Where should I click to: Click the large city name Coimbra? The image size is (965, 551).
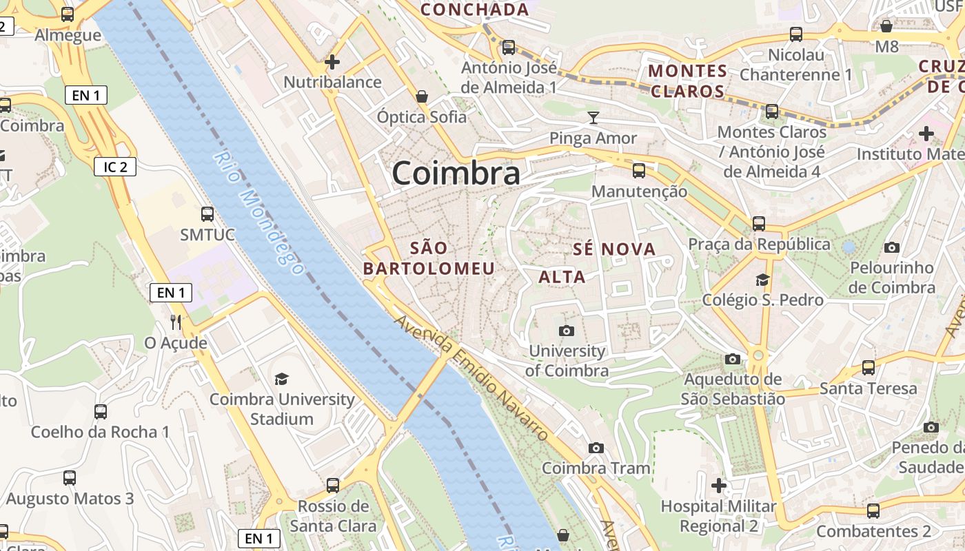point(456,173)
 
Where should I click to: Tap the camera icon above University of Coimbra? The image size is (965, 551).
point(567,331)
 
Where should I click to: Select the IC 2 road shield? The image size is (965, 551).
point(115,167)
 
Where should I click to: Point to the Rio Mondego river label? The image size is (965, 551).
point(258,213)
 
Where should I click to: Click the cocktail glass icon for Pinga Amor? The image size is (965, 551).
point(593,118)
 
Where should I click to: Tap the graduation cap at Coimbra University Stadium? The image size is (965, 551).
point(281,380)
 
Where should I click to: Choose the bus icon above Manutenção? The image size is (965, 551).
point(639,171)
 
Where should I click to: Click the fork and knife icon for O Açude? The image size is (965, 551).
point(176,322)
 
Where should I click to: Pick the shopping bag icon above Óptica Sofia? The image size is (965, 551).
point(422,96)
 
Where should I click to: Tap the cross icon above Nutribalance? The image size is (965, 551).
point(332,62)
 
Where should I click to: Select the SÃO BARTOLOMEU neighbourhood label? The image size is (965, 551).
point(429,258)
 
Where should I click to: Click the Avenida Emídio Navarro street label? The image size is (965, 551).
point(471,378)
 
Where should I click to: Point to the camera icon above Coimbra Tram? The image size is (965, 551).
point(596,448)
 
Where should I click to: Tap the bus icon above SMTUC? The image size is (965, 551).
point(207,214)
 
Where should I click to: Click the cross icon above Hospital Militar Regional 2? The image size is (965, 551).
point(719,486)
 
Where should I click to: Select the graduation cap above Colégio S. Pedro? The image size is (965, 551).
point(762,280)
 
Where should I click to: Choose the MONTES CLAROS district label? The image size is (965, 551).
point(688,81)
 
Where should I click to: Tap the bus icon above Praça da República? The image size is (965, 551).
point(759,224)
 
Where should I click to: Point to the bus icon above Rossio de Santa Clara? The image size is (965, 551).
point(333,486)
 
